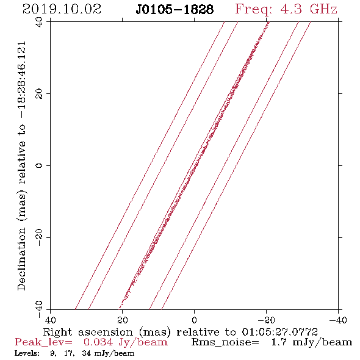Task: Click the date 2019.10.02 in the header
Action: pos(62,9)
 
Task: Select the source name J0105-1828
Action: pos(175,10)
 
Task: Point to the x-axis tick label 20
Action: pos(123,320)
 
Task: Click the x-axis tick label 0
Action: pos(194,320)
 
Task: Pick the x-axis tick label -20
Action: pos(266,320)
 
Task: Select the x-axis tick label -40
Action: pos(338,320)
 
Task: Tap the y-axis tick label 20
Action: pos(39,94)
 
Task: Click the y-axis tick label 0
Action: pos(39,165)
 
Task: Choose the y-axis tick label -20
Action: pos(39,237)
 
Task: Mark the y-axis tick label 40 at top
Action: pos(39,22)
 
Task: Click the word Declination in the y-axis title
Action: pos(21,259)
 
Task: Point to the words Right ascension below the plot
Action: pos(88,332)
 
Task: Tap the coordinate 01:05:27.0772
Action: pos(279,332)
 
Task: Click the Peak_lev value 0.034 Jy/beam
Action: pos(125,342)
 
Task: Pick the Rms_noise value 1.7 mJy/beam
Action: pos(312,342)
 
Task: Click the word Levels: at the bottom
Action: pos(27,353)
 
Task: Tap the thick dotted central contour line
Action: pos(194,165)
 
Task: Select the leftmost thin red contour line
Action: pos(149,165)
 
